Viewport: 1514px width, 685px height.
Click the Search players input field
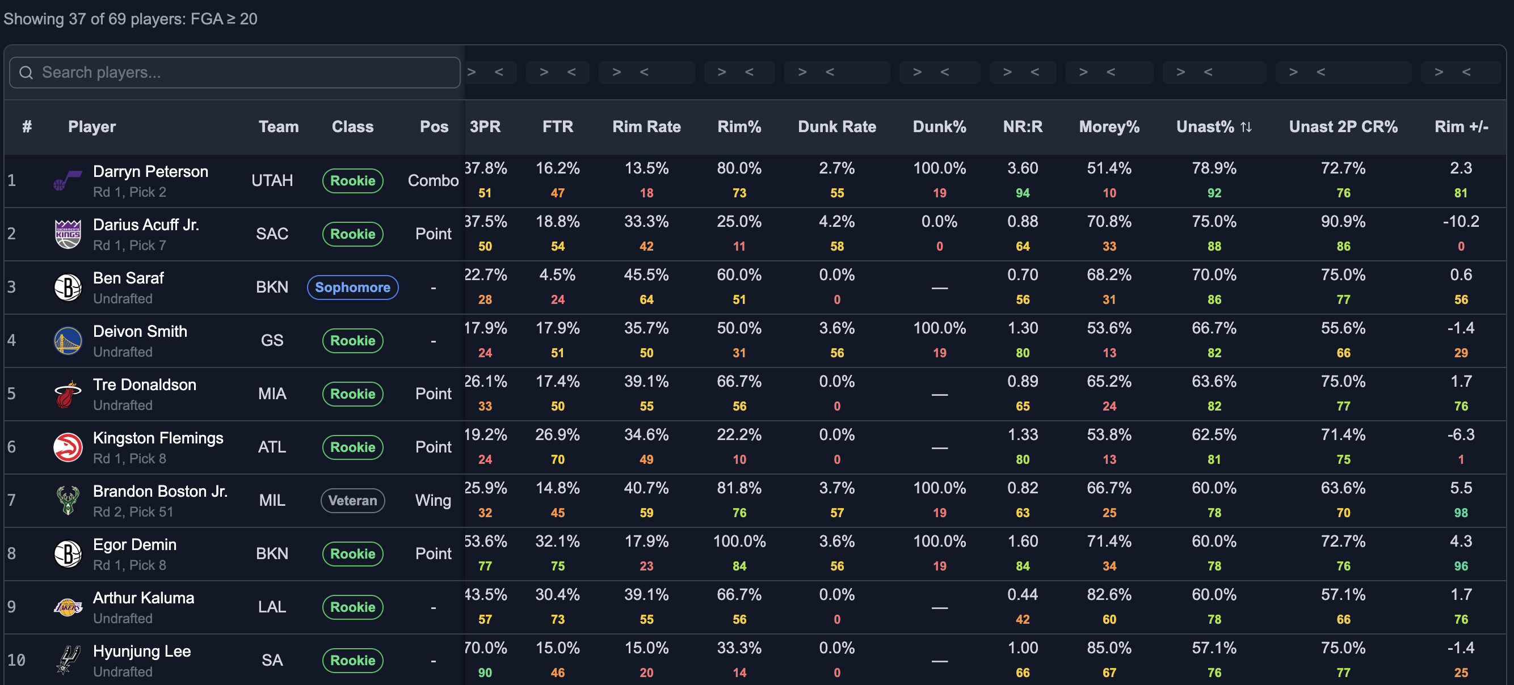click(x=235, y=72)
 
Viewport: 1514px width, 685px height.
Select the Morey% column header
click(x=1109, y=127)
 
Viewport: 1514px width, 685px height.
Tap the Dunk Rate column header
click(x=837, y=127)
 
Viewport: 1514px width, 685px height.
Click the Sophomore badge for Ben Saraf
click(x=352, y=287)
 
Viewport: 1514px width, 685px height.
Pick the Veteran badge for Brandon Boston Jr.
click(x=352, y=501)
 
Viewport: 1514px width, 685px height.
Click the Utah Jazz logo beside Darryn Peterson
click(x=68, y=180)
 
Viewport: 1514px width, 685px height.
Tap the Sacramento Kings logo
click(x=68, y=234)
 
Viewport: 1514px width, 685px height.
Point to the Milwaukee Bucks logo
click(x=68, y=501)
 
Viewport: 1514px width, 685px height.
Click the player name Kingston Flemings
click(x=158, y=438)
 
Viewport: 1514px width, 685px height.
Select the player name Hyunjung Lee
click(x=142, y=652)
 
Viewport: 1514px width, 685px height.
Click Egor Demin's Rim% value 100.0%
click(x=739, y=542)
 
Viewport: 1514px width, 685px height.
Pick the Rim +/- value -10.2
click(x=1461, y=222)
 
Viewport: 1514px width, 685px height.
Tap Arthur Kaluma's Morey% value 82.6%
click(x=1109, y=594)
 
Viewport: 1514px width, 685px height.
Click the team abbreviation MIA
click(x=272, y=394)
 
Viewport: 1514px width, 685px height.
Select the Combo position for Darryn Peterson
click(x=433, y=180)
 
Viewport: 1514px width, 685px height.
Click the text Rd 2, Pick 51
click(x=133, y=511)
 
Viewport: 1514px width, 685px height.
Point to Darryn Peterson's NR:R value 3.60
click(x=1023, y=168)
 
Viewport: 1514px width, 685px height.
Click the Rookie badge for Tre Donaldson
click(x=352, y=394)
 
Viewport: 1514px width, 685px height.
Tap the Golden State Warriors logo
click(x=68, y=341)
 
